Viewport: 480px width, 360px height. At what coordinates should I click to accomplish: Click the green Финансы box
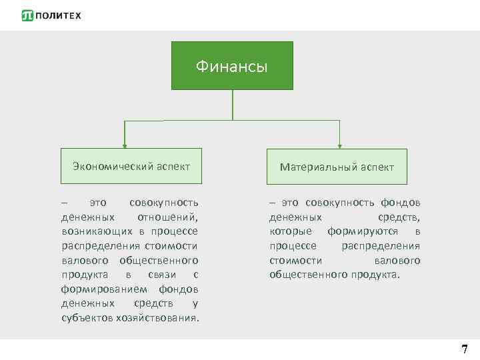(232, 65)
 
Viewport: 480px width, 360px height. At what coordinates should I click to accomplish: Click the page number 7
(464, 349)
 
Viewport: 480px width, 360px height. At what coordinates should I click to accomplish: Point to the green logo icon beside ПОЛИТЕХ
(27, 15)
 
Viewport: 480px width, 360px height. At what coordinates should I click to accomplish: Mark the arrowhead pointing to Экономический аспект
(124, 144)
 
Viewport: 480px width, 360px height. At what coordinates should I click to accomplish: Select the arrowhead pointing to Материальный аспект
(340, 144)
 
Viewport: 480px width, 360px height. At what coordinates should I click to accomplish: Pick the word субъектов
(86, 317)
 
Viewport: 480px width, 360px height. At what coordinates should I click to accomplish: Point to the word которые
(291, 231)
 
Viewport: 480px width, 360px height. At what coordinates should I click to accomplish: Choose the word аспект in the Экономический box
(173, 166)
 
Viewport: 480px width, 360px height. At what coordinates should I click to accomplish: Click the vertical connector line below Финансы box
(232, 105)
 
